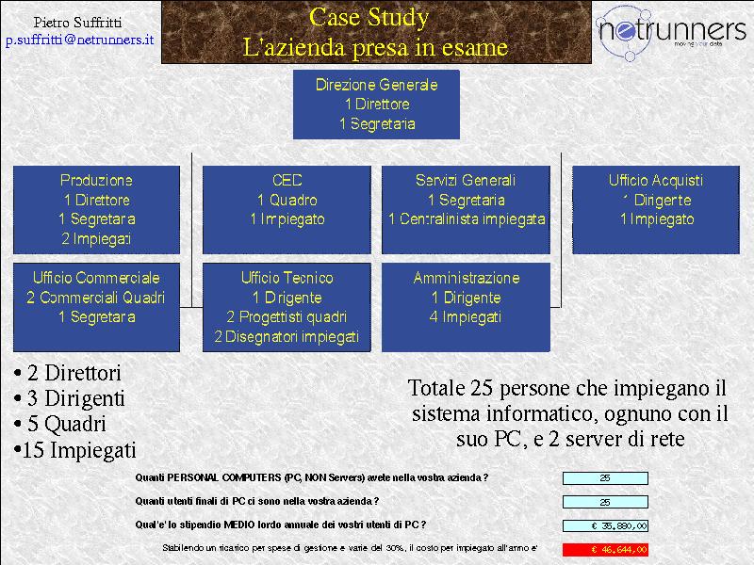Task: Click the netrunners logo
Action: click(x=670, y=32)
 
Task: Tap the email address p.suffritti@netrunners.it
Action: click(x=80, y=40)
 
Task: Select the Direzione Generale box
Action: click(x=376, y=105)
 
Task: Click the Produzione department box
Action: click(x=97, y=209)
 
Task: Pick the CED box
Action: click(x=287, y=209)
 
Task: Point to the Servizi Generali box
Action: click(x=466, y=209)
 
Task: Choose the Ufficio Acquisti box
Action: click(x=656, y=209)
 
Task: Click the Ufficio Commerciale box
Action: click(x=97, y=307)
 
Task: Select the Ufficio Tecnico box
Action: click(x=287, y=307)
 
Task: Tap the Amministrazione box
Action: click(x=466, y=307)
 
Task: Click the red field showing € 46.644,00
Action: click(x=605, y=549)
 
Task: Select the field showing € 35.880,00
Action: click(x=605, y=525)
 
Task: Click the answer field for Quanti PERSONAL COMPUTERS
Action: click(x=605, y=478)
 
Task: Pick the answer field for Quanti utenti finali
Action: click(x=605, y=502)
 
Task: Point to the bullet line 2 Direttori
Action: click(x=67, y=373)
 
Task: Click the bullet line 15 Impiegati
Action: click(x=75, y=450)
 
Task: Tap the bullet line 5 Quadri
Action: click(x=60, y=424)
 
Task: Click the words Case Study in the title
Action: click(x=369, y=17)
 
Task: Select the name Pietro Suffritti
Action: click(x=77, y=22)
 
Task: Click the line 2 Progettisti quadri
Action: click(x=287, y=316)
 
